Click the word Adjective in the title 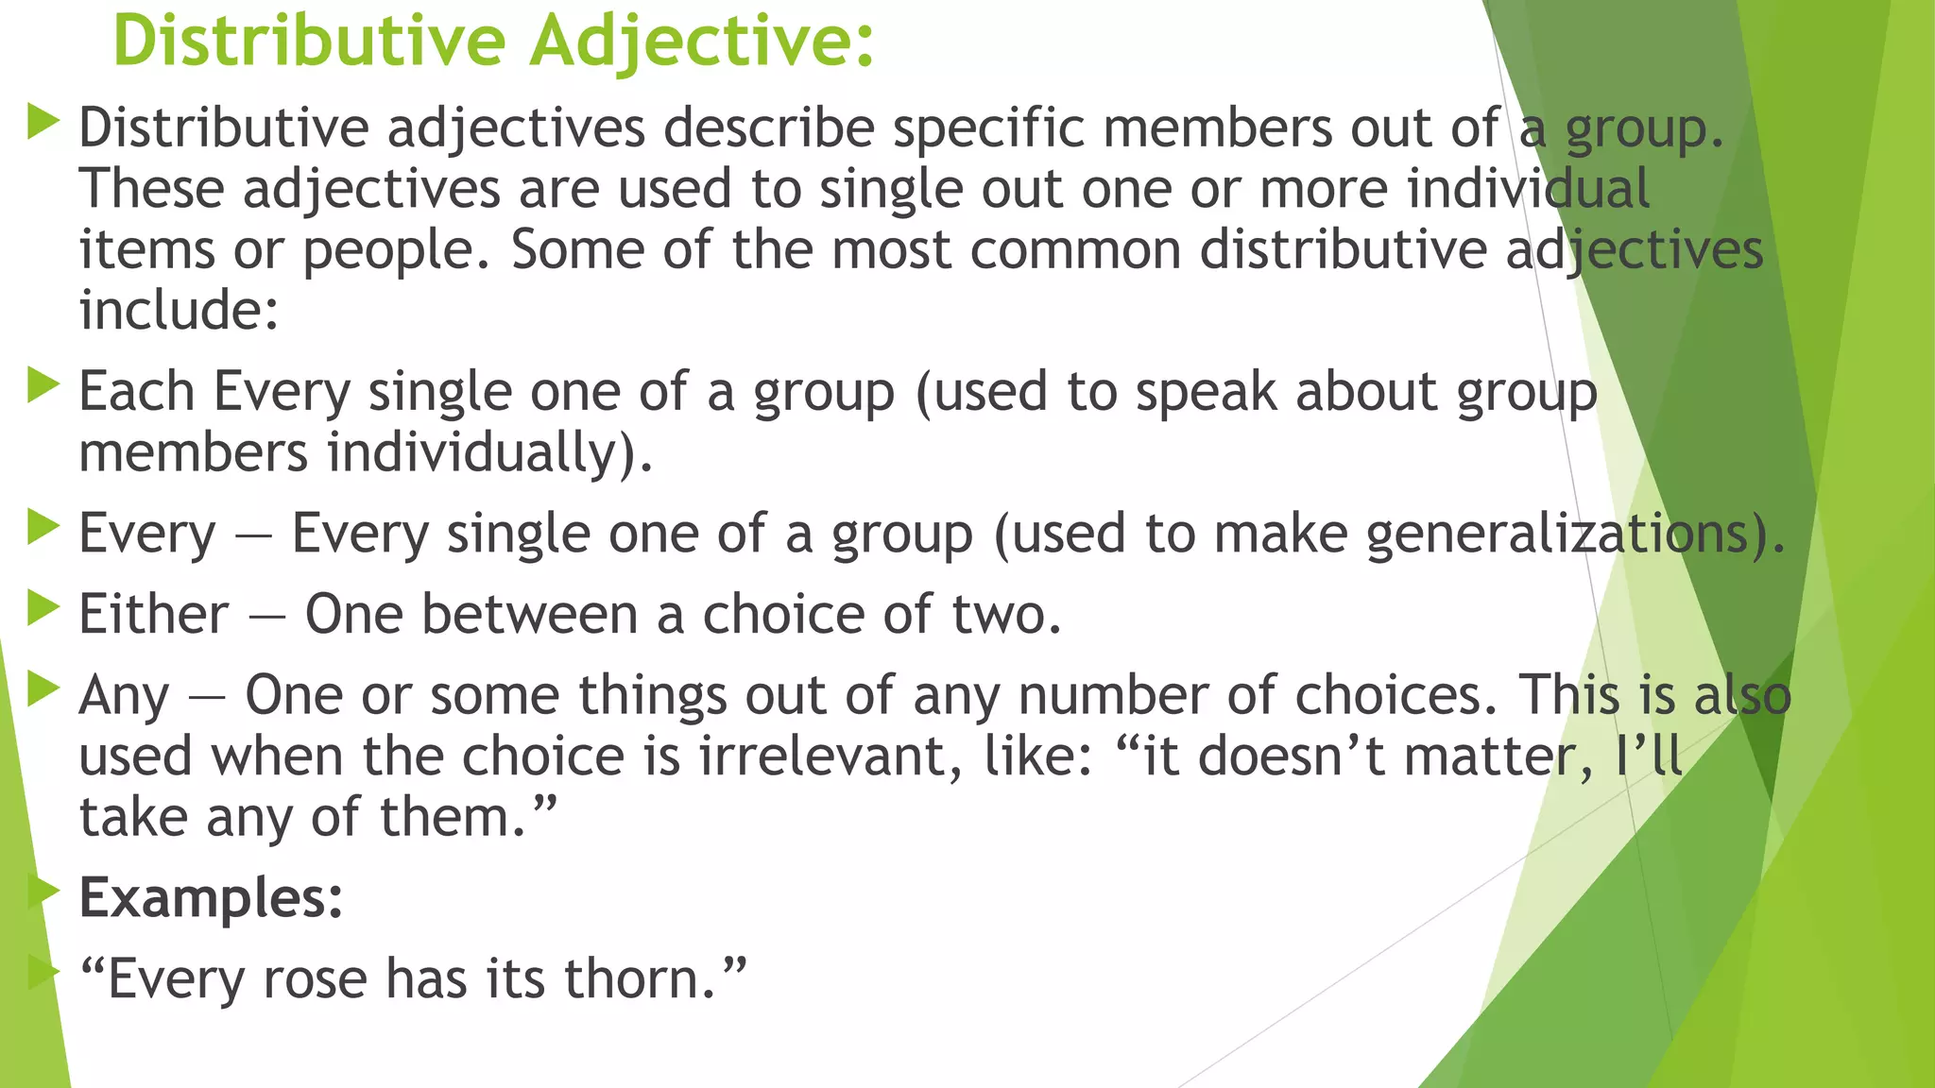click(x=700, y=42)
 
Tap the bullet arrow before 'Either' click(x=43, y=608)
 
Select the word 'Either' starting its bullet click(x=153, y=615)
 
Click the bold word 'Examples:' click(x=211, y=898)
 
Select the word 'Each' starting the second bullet click(x=136, y=391)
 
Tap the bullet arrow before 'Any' click(x=43, y=689)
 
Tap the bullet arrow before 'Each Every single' click(x=43, y=385)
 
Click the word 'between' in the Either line click(x=529, y=615)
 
